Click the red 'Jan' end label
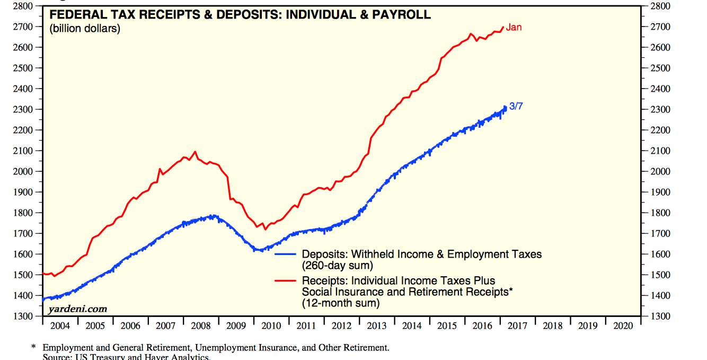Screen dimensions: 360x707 [514, 27]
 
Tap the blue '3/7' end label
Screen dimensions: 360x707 [516, 106]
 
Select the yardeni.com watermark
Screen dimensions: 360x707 [77, 309]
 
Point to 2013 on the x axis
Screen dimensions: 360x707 [377, 326]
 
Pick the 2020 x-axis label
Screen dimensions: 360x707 [623, 326]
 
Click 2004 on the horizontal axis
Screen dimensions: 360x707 [60, 326]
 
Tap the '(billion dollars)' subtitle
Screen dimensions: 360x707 [85, 29]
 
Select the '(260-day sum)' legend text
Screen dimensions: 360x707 [338, 265]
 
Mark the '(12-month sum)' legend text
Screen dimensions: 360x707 [341, 303]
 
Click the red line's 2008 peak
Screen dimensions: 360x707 [195, 152]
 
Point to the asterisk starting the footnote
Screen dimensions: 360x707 [33, 348]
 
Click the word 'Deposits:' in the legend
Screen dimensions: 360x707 [324, 254]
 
